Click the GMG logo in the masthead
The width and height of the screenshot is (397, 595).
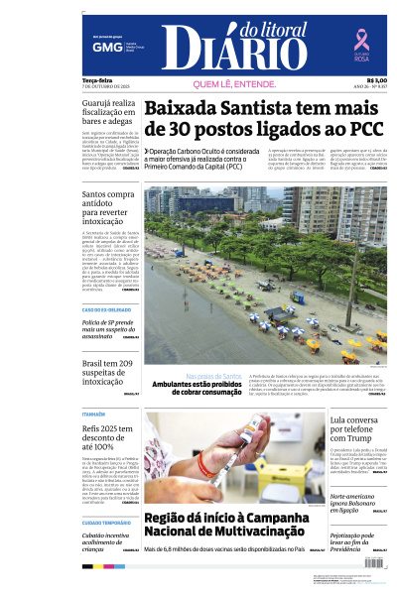(100, 47)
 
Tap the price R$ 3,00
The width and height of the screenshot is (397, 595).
(376, 80)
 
